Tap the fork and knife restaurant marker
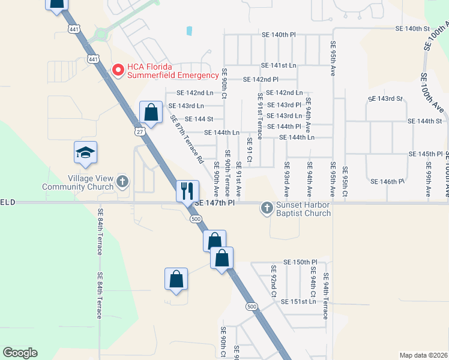[187, 191]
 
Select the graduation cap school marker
[85, 152]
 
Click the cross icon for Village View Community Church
[122, 180]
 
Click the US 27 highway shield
[139, 131]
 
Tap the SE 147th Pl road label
[214, 203]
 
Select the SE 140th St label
[413, 29]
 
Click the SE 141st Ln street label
[279, 65]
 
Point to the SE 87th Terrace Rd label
[187, 140]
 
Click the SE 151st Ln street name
[298, 301]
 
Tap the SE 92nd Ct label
[272, 281]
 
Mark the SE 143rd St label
[385, 98]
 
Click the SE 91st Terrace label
[260, 116]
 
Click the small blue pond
[190, 31]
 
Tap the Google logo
[20, 353]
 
